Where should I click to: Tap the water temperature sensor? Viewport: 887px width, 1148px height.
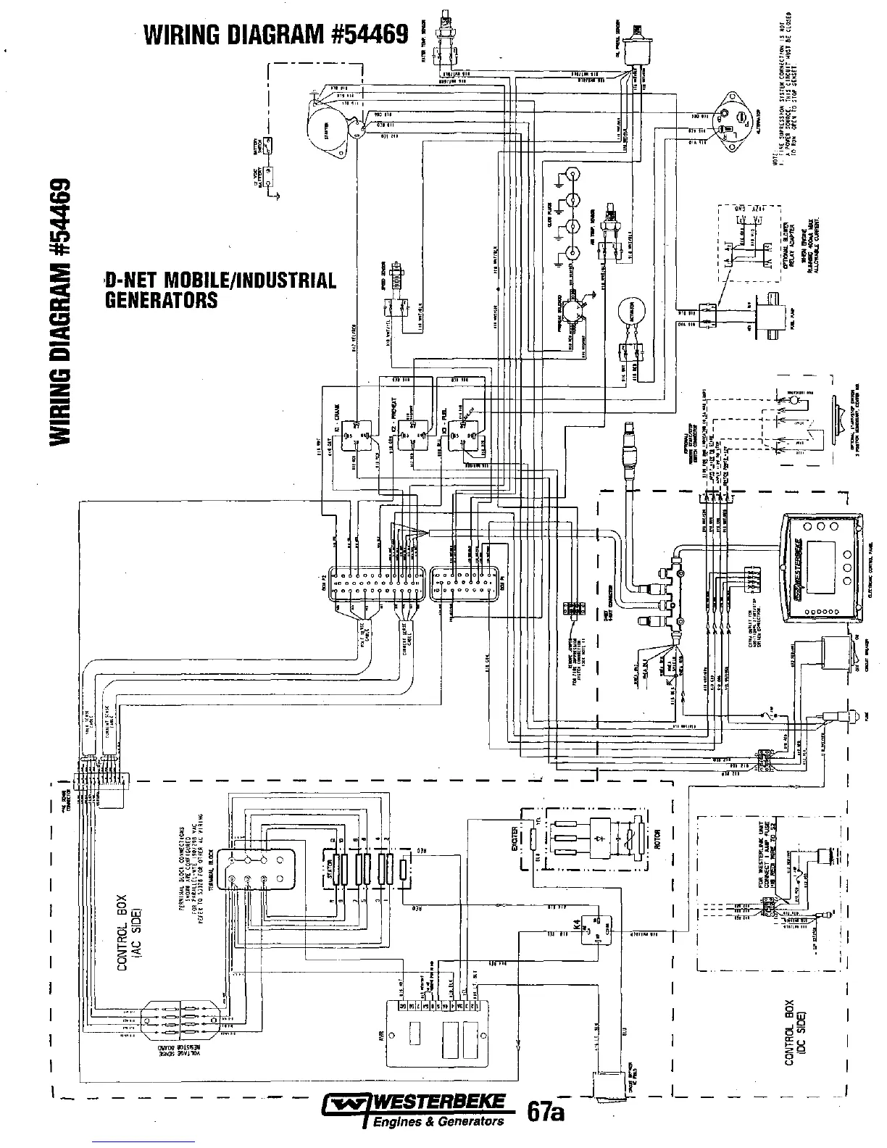(x=444, y=40)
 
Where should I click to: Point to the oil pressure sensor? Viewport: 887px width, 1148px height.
(x=638, y=40)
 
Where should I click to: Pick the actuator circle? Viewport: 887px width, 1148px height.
(x=631, y=315)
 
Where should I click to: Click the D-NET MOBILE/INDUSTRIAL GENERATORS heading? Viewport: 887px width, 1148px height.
(x=221, y=289)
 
